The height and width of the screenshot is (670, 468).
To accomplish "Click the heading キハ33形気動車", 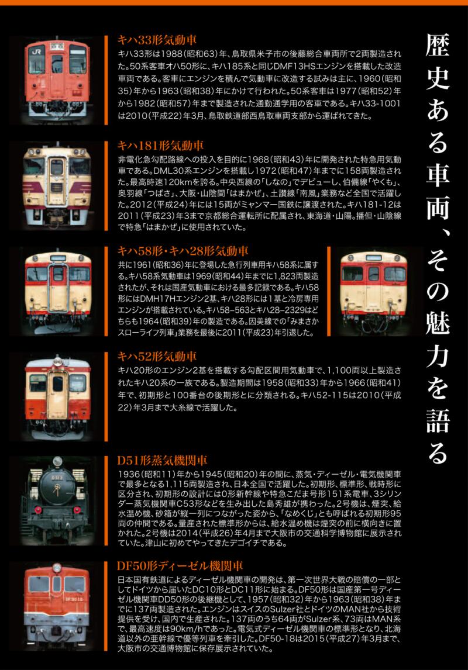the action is tap(157, 40).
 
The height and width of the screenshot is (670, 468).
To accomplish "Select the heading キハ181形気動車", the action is tap(160, 146).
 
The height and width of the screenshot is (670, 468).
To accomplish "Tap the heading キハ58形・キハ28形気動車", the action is tap(183, 251).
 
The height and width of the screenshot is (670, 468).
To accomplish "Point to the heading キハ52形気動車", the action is tap(157, 357).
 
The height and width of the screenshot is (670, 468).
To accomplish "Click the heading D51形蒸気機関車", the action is tap(163, 461).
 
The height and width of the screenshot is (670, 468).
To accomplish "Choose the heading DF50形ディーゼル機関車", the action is tap(180, 566).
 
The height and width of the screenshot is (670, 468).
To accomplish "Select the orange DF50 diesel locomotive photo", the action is tap(57, 606).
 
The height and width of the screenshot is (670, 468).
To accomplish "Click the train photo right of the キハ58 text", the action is tap(374, 291).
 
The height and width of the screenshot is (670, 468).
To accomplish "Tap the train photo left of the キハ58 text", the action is tap(57, 291).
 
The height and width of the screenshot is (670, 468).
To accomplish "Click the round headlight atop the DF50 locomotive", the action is tap(57, 568).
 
